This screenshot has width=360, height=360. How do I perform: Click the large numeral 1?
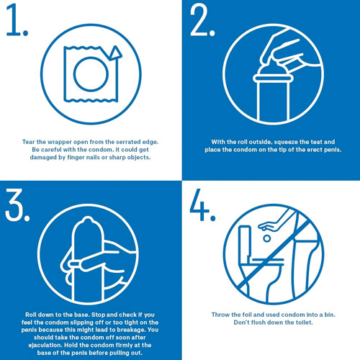coord(14,19)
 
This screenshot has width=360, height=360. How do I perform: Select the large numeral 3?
coord(14,205)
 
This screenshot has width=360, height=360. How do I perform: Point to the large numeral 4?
coord(199,204)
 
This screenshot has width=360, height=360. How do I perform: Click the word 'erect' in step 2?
coord(315,150)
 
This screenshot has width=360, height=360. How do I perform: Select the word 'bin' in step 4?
coord(330,315)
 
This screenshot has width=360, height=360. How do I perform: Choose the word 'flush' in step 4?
coord(258,323)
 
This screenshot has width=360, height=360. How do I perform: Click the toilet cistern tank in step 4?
coord(246,243)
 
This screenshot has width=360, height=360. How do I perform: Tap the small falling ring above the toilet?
coord(266,238)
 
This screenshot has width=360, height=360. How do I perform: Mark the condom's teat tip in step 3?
coord(87,219)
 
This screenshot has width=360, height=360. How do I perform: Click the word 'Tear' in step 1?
coord(29,142)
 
